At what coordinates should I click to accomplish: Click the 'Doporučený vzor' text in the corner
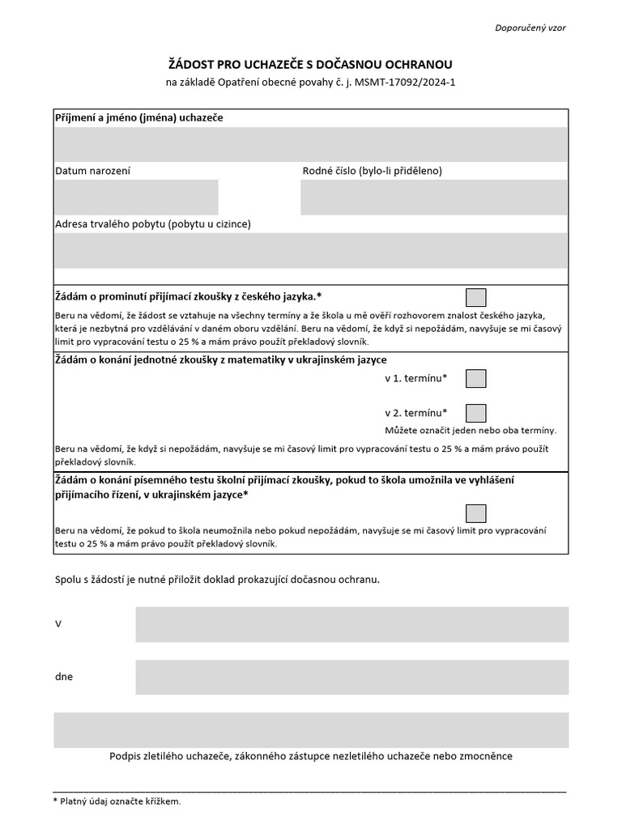click(x=530, y=28)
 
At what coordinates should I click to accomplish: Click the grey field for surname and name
click(x=311, y=144)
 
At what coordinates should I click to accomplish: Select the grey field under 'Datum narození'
click(x=136, y=197)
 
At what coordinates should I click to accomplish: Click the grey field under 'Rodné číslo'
click(x=433, y=197)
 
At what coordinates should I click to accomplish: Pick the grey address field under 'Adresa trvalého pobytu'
click(x=311, y=250)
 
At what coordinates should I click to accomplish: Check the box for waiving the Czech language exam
click(x=476, y=297)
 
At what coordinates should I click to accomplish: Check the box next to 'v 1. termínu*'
click(x=476, y=378)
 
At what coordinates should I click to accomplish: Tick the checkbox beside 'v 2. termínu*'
click(x=476, y=413)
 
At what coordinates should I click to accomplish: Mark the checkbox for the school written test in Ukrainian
click(x=476, y=513)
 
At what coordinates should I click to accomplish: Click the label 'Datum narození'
click(x=92, y=171)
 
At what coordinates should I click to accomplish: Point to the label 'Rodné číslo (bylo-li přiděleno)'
click(x=372, y=171)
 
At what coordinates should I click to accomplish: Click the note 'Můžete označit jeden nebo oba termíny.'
click(x=470, y=430)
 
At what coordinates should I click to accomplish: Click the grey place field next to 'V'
click(x=351, y=624)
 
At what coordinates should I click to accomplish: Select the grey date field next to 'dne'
click(x=351, y=677)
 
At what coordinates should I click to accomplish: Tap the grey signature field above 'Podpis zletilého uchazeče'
click(x=311, y=729)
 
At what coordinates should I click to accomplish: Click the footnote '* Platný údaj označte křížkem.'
click(x=117, y=801)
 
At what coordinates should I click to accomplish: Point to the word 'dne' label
click(x=63, y=677)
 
